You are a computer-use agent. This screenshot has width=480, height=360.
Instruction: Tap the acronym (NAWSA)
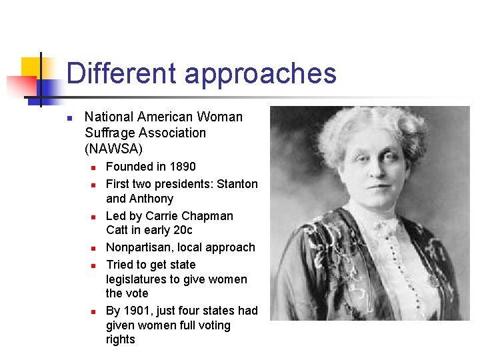click(x=113, y=149)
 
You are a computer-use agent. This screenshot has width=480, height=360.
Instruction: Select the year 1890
click(x=183, y=167)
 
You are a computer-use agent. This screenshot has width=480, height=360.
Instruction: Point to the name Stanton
click(x=237, y=184)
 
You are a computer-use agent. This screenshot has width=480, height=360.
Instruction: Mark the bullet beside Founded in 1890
click(x=94, y=167)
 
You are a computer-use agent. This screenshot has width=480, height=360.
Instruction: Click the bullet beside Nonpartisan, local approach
click(x=94, y=248)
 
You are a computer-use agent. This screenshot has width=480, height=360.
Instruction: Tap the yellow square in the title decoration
click(x=31, y=67)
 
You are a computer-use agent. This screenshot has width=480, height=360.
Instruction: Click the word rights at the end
click(x=121, y=339)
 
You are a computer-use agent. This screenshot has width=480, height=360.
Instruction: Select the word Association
click(x=173, y=133)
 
